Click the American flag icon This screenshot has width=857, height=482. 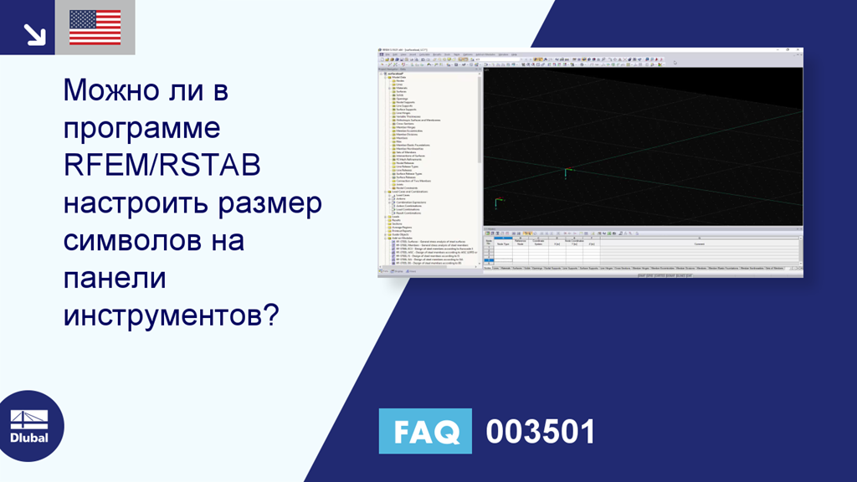(x=95, y=28)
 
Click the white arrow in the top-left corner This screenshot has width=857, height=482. (x=33, y=33)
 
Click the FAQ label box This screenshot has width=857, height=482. (x=425, y=431)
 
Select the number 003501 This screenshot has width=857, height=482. (x=541, y=432)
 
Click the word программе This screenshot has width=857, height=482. (x=142, y=129)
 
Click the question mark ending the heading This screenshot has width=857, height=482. (x=270, y=316)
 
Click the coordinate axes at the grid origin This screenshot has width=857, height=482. (x=567, y=172)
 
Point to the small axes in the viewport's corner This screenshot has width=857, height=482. (x=497, y=203)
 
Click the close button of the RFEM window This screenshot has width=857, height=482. (x=799, y=51)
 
